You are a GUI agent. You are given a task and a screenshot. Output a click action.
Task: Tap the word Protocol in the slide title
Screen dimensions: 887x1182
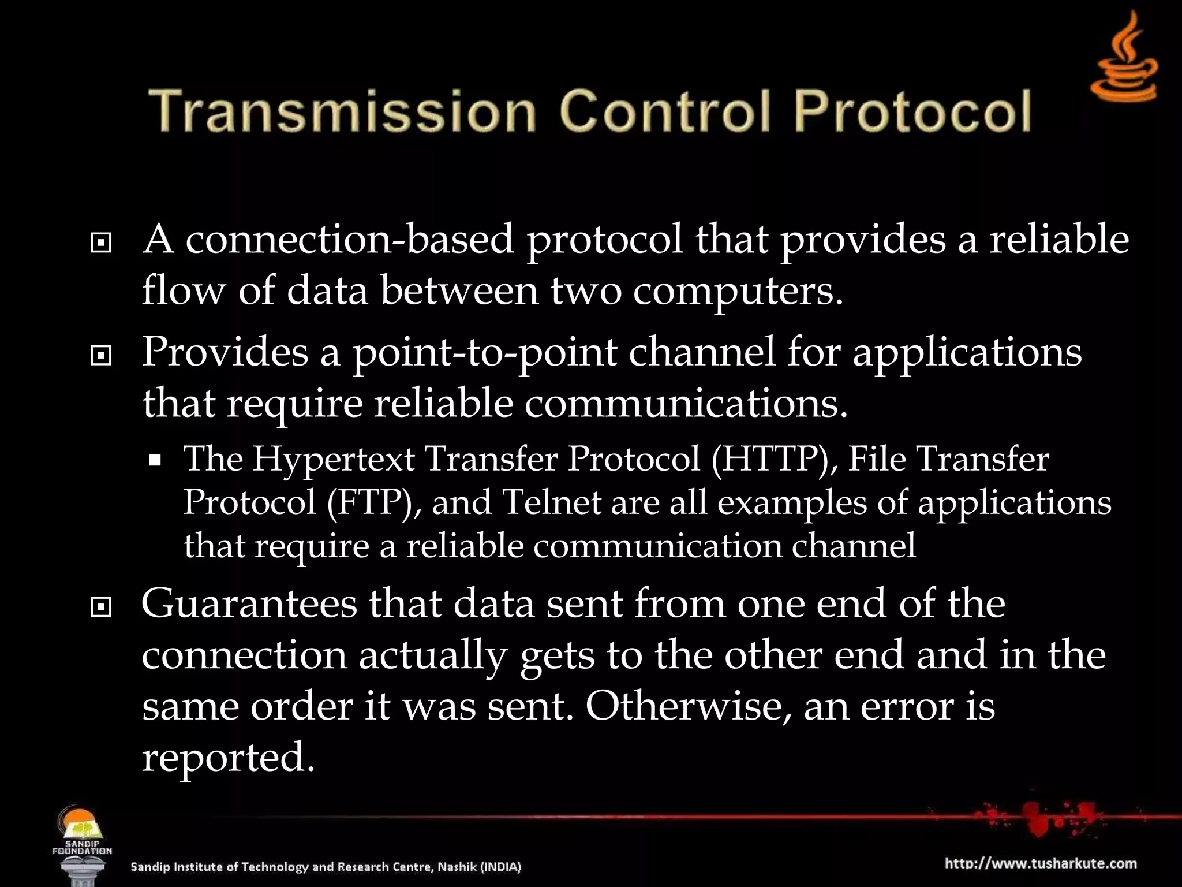[912, 111]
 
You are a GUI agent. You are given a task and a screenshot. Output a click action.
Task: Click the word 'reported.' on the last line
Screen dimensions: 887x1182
[229, 758]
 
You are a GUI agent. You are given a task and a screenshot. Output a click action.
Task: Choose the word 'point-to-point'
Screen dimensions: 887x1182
[485, 353]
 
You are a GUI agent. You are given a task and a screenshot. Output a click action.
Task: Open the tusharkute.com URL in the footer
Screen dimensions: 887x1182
[1041, 864]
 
